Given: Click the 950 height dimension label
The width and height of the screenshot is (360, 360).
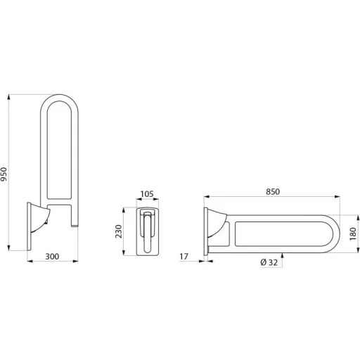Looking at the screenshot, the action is [x=4, y=174].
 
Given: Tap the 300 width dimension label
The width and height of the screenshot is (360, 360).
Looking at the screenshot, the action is [x=52, y=257].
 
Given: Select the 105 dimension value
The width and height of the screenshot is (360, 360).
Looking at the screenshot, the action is [x=147, y=194].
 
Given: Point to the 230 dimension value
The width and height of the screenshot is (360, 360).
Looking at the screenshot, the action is [x=119, y=231].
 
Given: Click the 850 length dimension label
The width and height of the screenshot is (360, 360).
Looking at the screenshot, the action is [x=273, y=191].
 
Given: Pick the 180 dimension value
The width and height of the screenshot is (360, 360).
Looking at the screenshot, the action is [x=353, y=233].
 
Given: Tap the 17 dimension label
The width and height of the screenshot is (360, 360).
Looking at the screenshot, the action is [x=184, y=257].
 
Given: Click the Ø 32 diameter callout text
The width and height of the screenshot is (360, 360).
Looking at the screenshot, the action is [x=269, y=262].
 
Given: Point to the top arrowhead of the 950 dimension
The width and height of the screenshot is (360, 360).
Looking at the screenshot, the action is [x=9, y=97].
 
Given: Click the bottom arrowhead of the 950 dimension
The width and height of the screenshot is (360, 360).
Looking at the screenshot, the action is [x=9, y=247].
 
